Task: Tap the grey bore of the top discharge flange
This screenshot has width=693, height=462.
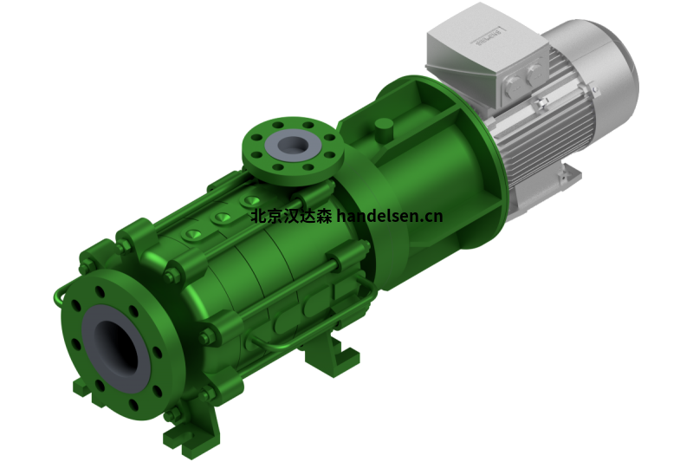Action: (285, 144)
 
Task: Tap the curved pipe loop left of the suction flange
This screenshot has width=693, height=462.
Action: (59, 296)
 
